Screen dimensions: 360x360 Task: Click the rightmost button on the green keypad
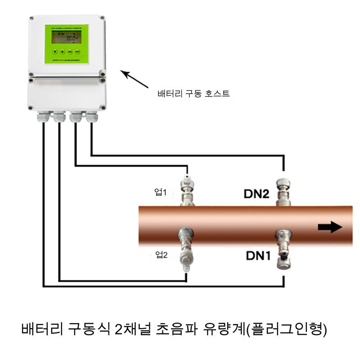tap(77, 51)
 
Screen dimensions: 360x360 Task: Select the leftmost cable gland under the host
tap(43, 117)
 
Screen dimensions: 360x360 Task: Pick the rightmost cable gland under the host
tap(92, 117)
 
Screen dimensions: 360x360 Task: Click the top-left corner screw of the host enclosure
tap(31, 19)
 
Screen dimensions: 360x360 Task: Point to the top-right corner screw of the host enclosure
tap(103, 19)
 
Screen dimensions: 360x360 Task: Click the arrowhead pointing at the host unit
tap(124, 73)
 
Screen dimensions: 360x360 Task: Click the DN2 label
tap(256, 194)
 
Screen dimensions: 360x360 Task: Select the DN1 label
tap(258, 256)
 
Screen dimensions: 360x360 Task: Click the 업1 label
tap(161, 193)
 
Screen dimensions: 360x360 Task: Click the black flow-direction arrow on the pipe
tap(330, 227)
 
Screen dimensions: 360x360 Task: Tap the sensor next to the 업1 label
tap(187, 189)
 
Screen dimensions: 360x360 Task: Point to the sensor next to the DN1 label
tap(283, 250)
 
